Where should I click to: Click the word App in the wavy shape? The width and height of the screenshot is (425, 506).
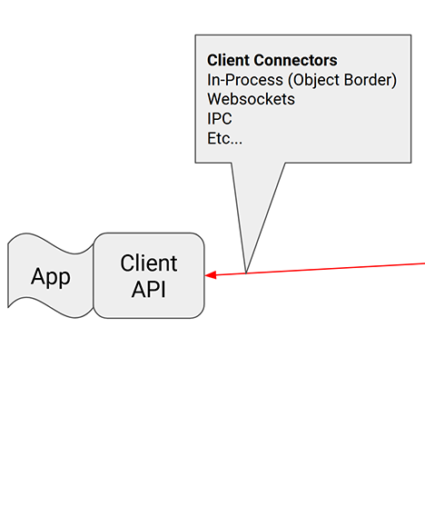click(51, 277)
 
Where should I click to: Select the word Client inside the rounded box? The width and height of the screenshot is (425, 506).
click(149, 263)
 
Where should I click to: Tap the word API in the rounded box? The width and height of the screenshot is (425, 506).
click(149, 290)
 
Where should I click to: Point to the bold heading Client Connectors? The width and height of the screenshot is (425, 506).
click(272, 62)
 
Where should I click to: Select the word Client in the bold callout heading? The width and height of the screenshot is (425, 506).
click(229, 62)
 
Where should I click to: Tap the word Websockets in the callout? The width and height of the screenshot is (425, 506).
click(251, 100)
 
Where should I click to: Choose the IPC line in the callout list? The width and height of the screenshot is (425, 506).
click(220, 119)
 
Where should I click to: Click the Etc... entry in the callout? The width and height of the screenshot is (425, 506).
click(224, 139)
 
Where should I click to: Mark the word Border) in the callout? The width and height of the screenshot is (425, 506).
click(374, 81)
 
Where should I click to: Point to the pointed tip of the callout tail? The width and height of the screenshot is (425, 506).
click(246, 272)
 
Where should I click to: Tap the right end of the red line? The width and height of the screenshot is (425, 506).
click(422, 263)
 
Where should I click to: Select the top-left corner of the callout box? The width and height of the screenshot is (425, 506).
click(196, 36)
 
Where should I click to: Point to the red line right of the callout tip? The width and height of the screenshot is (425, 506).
click(336, 268)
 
